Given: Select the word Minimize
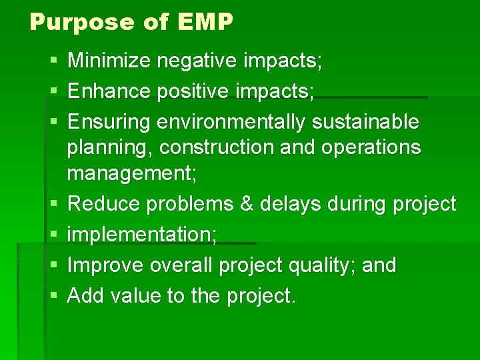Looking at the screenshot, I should (x=110, y=61).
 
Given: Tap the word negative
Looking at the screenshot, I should (x=197, y=61).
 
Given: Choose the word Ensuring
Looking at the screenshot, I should (x=109, y=123).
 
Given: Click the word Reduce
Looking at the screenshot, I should (x=105, y=204).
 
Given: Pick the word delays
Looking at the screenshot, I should (x=288, y=204).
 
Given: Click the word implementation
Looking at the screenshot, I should (x=143, y=235).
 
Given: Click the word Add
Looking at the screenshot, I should (x=86, y=295).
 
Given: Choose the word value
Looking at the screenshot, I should (x=135, y=295).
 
